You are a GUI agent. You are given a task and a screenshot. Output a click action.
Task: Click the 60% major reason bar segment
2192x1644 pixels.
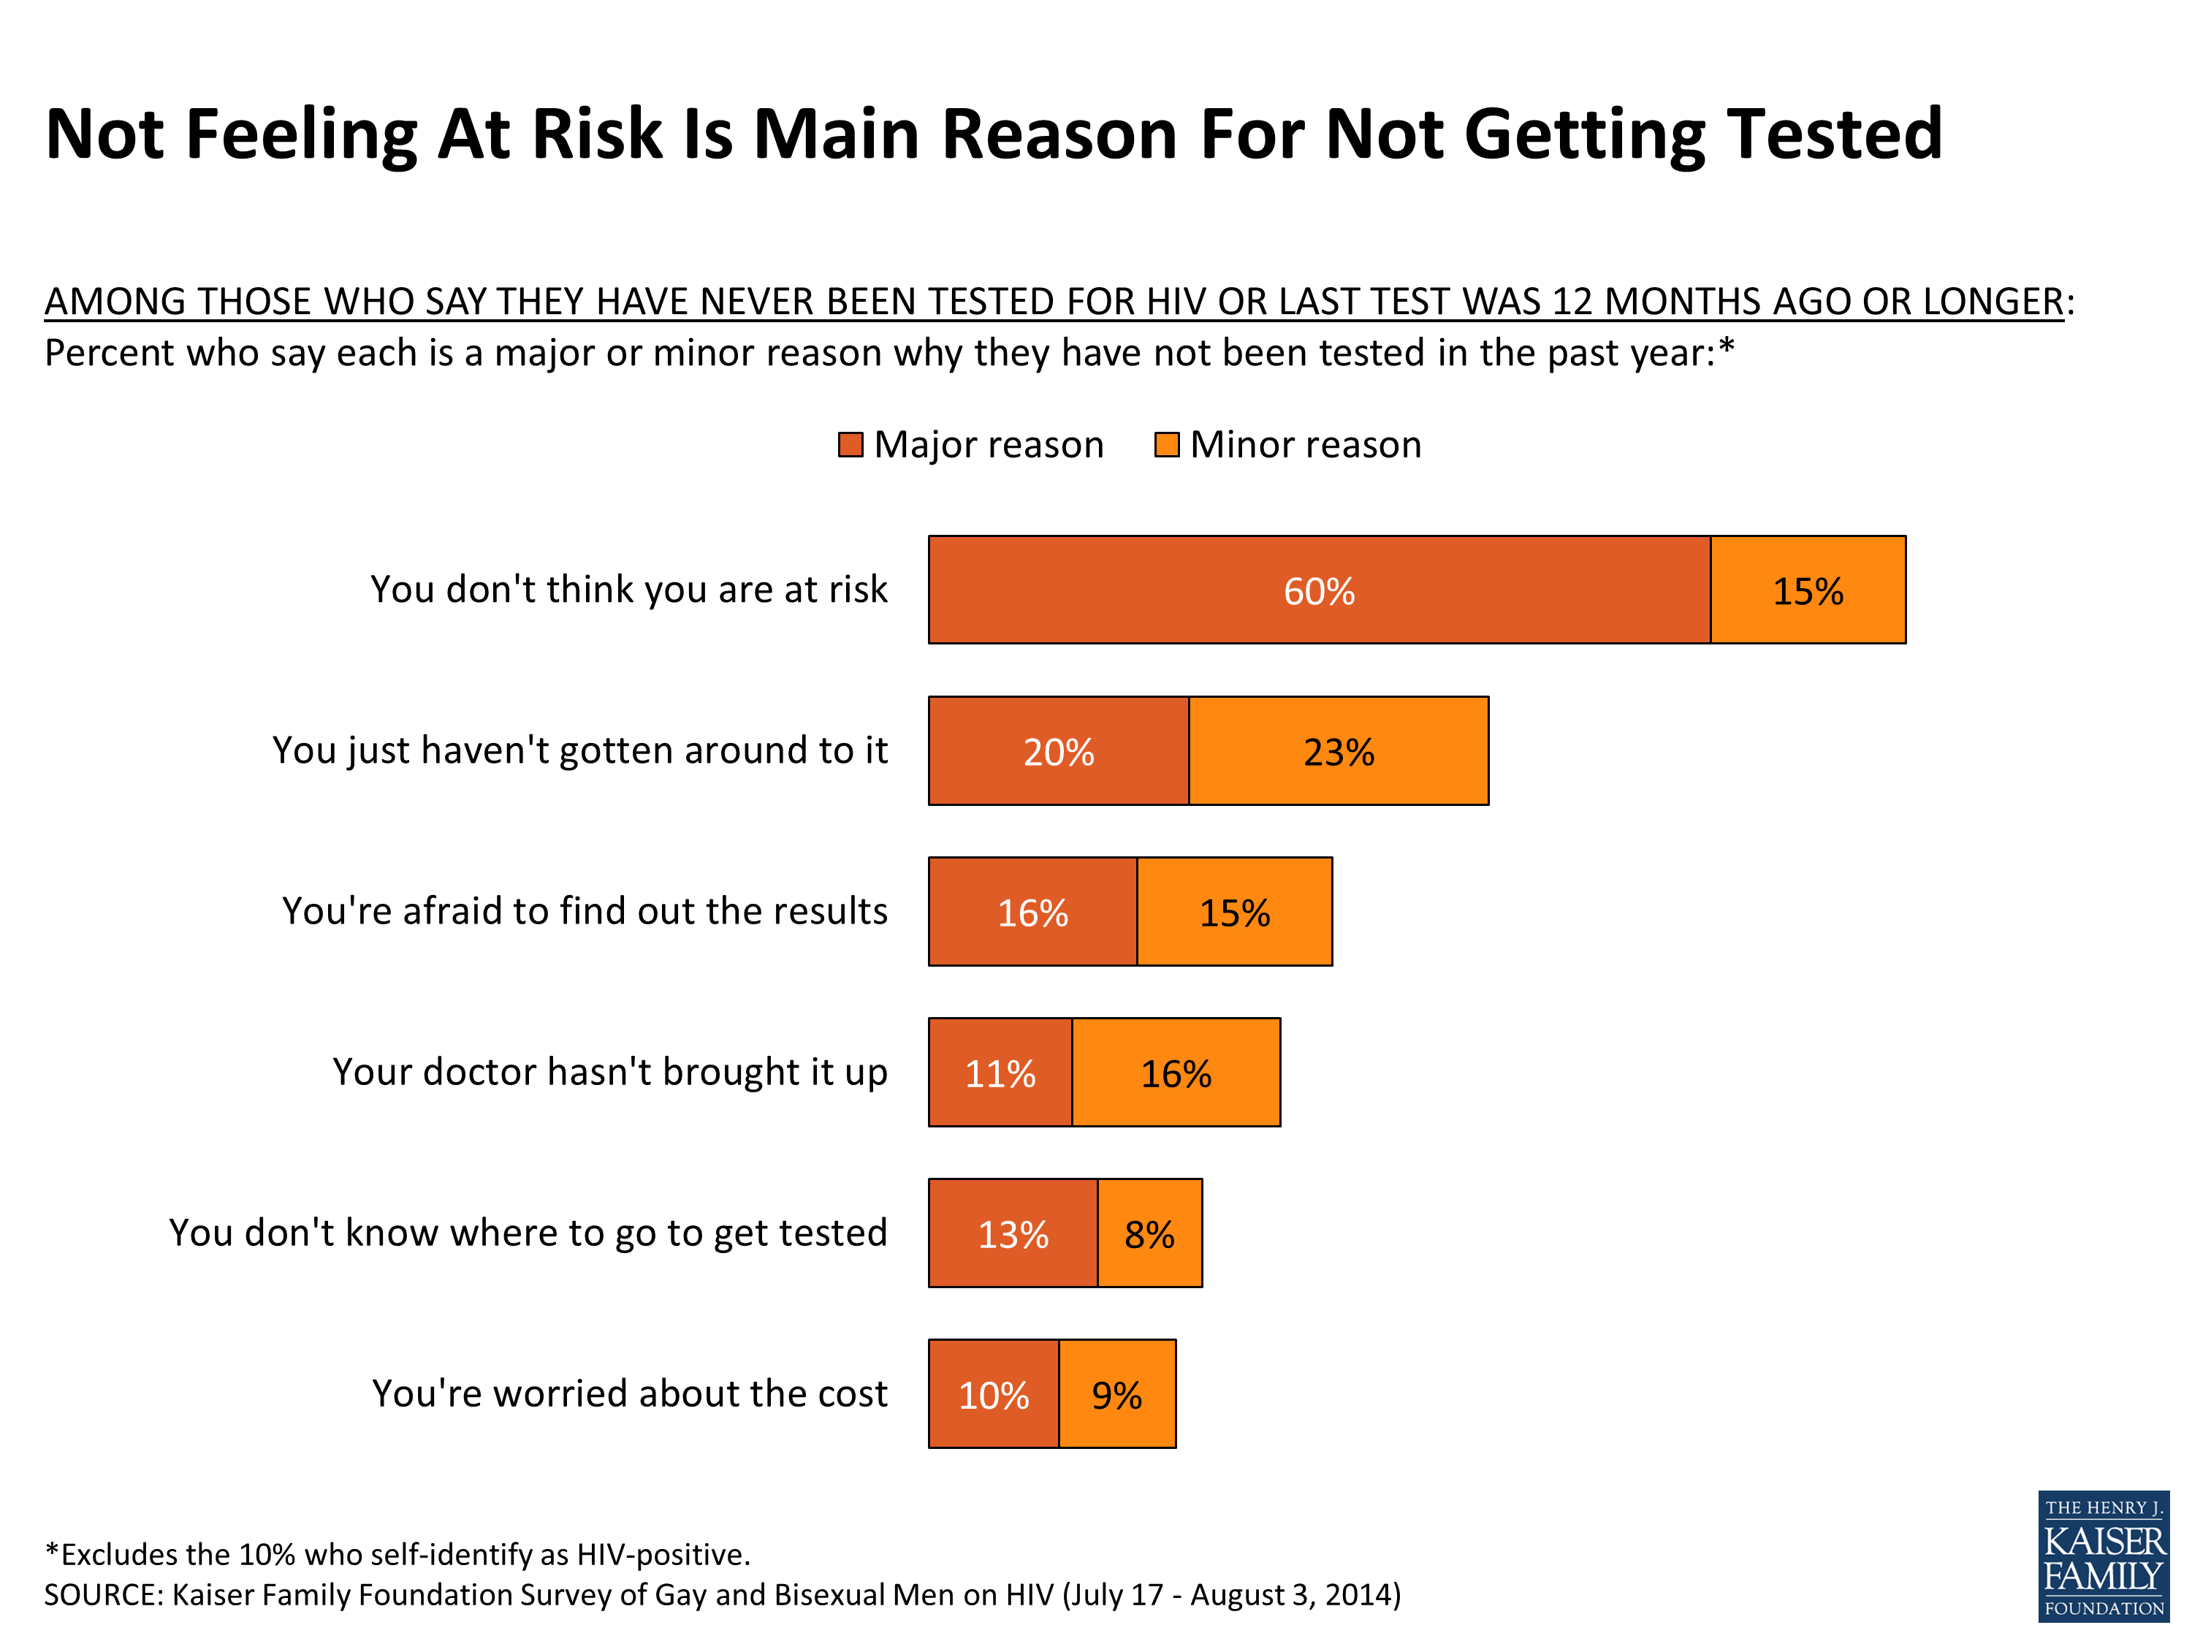tap(1318, 590)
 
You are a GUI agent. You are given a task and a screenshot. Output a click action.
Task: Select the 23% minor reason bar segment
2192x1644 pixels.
tap(1338, 751)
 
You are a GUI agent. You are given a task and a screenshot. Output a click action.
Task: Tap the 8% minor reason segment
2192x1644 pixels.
tap(1149, 1234)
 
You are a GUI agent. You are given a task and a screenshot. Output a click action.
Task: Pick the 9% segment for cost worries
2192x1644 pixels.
tap(1116, 1394)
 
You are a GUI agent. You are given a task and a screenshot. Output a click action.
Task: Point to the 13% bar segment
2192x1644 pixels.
tap(1013, 1234)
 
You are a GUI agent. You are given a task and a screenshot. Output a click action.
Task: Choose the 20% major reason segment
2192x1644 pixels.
tap(1058, 751)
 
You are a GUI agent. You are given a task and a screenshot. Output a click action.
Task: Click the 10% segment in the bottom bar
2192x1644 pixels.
tap(993, 1394)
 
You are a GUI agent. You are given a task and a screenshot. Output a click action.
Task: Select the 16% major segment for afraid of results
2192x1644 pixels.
tap(1032, 912)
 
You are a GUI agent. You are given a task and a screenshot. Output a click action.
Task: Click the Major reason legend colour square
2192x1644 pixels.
tap(850, 445)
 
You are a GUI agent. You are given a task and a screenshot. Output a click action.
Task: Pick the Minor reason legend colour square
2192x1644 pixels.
tap(1166, 445)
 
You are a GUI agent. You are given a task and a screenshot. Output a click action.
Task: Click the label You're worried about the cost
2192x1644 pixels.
tap(629, 1393)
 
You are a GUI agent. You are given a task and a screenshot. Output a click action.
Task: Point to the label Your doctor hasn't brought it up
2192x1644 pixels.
tap(609, 1072)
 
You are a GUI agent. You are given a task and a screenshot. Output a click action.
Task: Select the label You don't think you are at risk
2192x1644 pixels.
tap(628, 590)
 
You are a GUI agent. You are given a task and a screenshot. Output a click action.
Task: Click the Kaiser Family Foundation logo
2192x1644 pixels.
tap(2103, 1556)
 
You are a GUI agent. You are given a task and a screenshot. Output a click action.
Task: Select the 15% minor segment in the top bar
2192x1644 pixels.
tap(1808, 590)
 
